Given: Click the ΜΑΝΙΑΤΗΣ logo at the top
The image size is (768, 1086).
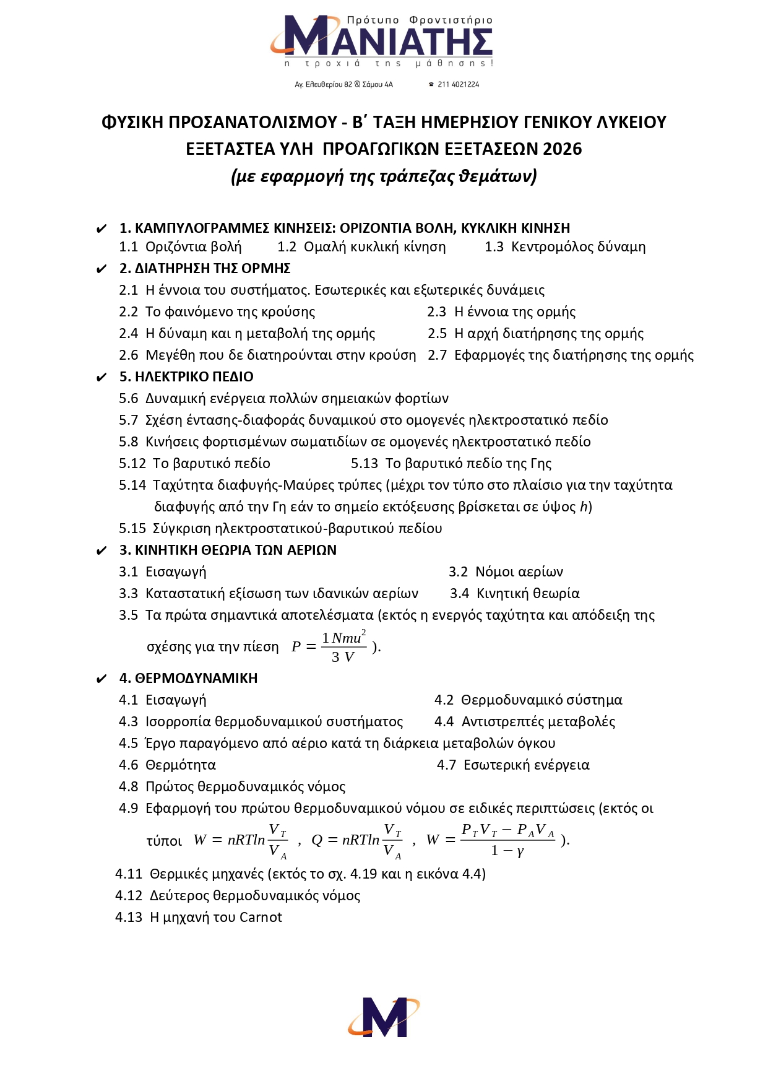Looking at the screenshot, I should [382, 40].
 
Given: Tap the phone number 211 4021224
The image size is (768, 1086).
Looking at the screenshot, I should [458, 84].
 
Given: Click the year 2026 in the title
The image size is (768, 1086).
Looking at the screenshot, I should [563, 149].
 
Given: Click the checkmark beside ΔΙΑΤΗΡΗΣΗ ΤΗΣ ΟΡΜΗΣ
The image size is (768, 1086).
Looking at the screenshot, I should [102, 269].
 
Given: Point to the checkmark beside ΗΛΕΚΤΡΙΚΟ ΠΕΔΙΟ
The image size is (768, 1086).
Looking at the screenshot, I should [102, 377].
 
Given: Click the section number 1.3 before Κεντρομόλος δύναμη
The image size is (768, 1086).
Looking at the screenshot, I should [494, 246].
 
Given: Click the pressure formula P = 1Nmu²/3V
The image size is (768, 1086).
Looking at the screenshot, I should [331, 646].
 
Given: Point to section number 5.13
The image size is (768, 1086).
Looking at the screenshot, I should [365, 463].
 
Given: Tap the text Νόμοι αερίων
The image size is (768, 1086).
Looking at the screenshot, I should [519, 571].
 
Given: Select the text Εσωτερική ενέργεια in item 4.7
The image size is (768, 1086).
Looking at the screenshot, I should [526, 765].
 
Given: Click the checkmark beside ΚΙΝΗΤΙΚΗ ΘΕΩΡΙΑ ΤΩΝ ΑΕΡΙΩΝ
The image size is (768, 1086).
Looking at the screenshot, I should [102, 550].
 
